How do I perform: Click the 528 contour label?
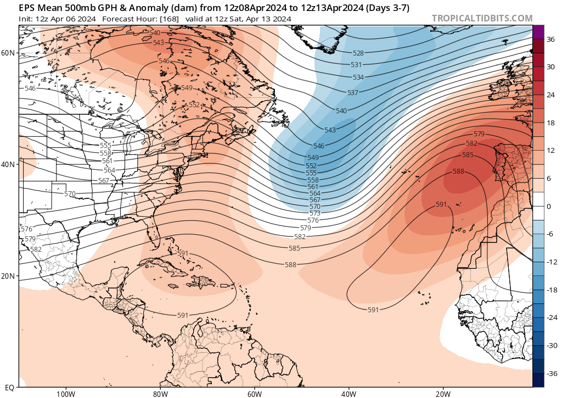358,53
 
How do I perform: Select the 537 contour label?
353,92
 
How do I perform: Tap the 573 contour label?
314,213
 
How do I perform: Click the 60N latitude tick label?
8,53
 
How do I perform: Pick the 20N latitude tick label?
8,276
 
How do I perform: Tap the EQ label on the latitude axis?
9,388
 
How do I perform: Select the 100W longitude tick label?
65,394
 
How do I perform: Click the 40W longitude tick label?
349,394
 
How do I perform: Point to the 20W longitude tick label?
443,394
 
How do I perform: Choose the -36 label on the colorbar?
551,374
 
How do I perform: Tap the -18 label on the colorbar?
551,290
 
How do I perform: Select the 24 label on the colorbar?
550,95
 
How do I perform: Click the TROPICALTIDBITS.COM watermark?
482,18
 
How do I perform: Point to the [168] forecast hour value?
169,19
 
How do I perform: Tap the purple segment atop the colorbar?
538,31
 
